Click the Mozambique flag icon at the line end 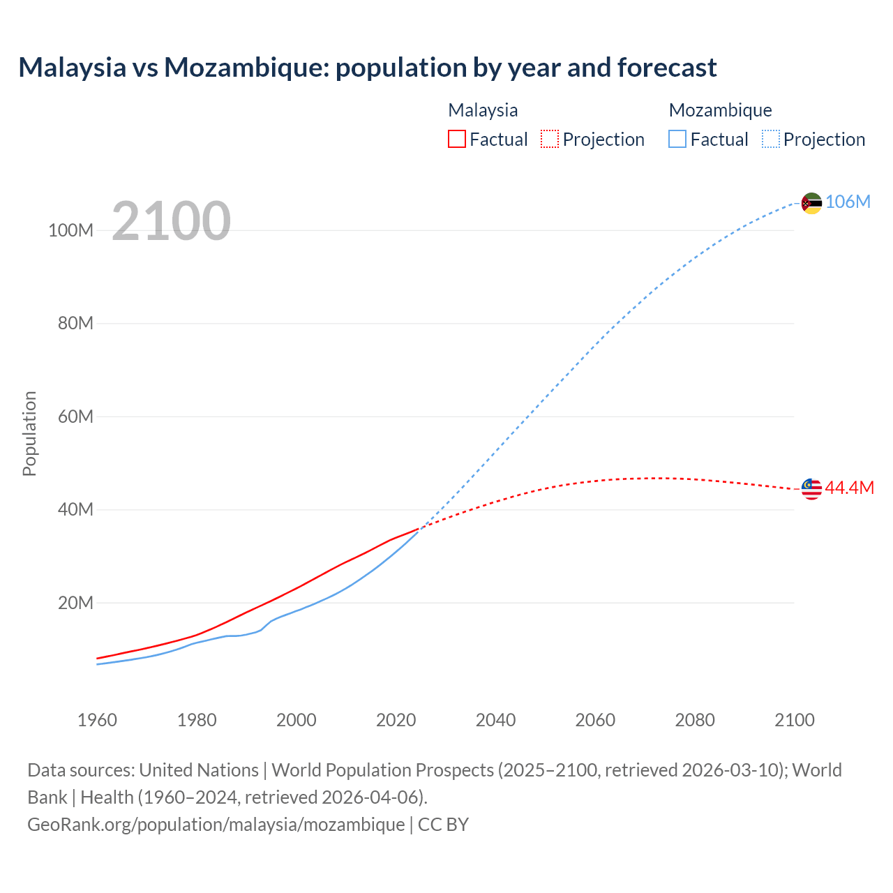(x=811, y=203)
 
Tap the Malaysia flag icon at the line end (x=811, y=489)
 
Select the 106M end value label (x=848, y=202)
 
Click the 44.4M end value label (x=849, y=488)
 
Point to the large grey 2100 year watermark (x=171, y=221)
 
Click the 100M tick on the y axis (x=70, y=230)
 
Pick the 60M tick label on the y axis (x=75, y=417)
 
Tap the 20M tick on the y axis (x=75, y=603)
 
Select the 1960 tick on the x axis (x=97, y=720)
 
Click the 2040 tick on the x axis (x=495, y=720)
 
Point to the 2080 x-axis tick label (x=695, y=720)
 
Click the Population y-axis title (x=29, y=433)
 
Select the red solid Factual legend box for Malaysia (x=457, y=139)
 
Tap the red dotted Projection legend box (x=550, y=139)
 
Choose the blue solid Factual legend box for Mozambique (x=677, y=139)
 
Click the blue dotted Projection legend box (x=771, y=139)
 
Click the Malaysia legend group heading (x=483, y=110)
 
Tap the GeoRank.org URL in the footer (x=216, y=824)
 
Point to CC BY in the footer (x=443, y=824)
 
